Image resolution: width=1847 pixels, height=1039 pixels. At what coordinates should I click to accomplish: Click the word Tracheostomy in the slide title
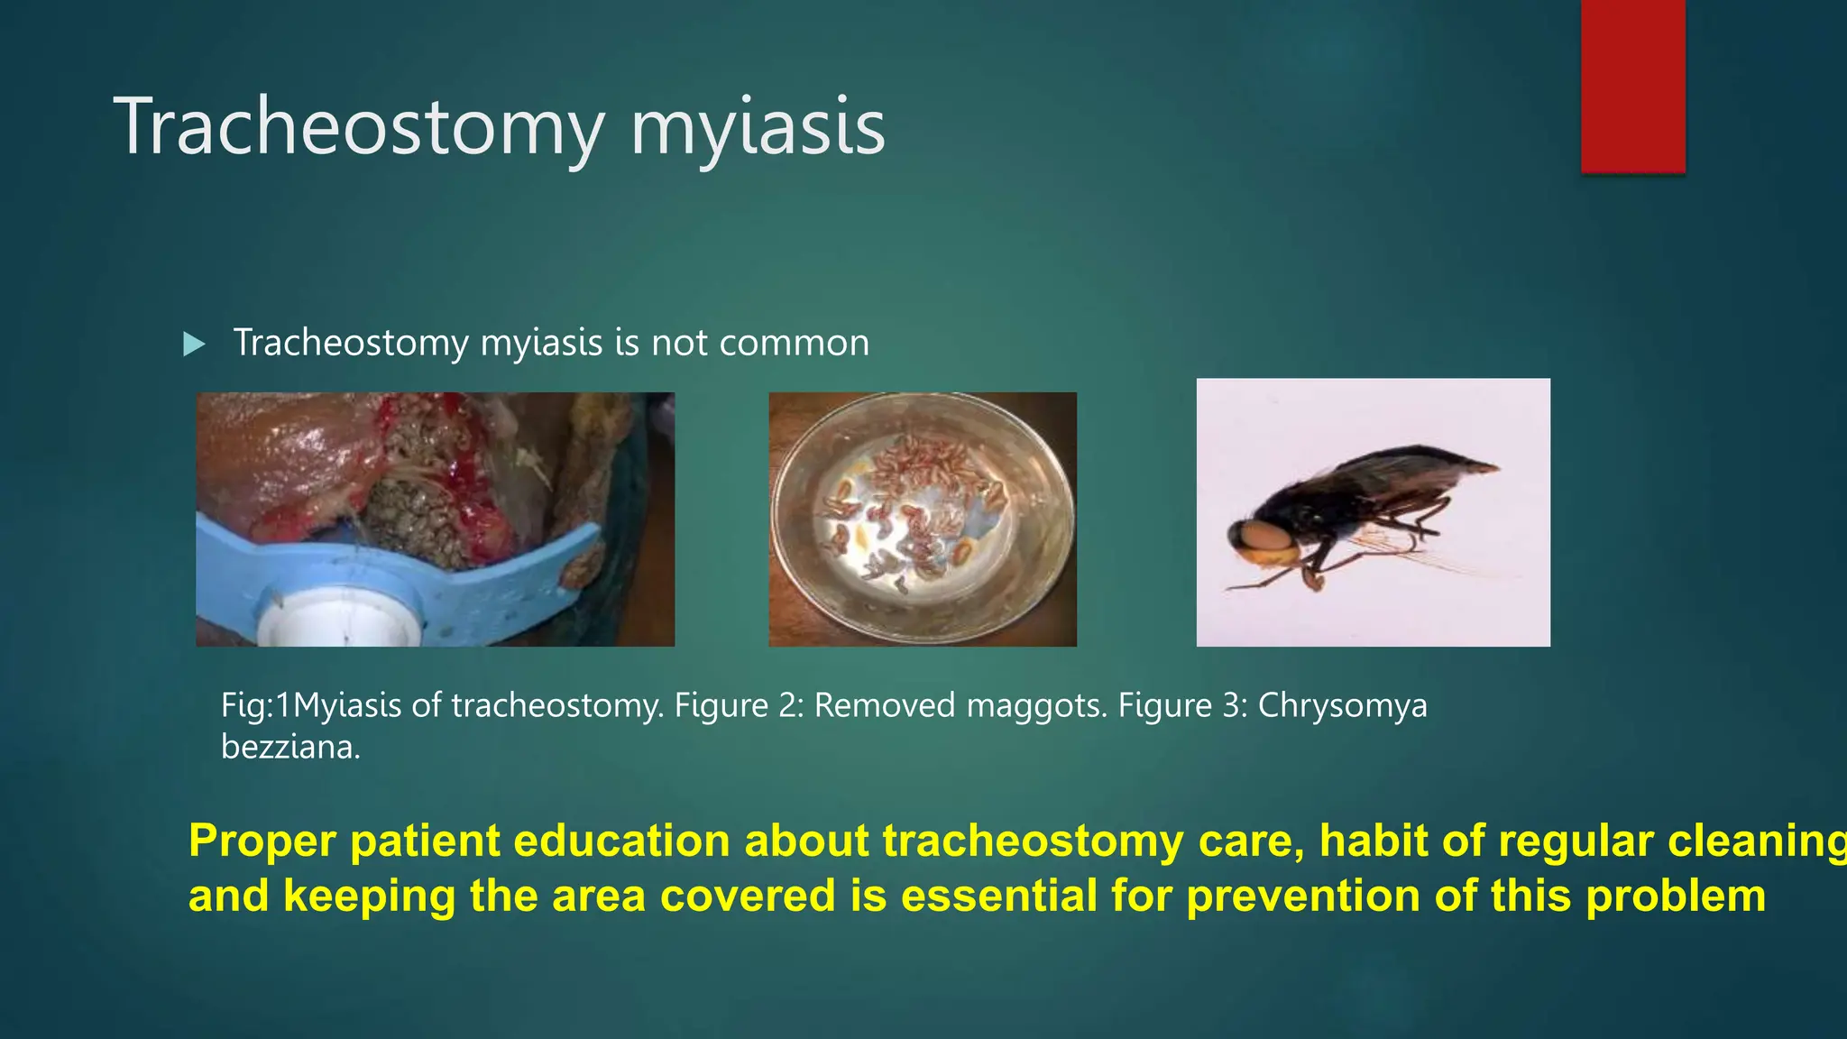[359, 128]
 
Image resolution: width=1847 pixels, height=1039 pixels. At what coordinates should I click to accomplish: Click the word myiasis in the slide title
[758, 128]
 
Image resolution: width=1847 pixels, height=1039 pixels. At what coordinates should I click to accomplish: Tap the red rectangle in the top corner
[1632, 86]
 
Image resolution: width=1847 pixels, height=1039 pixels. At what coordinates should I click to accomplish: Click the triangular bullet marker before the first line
[194, 344]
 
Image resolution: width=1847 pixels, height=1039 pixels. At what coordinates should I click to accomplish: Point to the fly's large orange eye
[1265, 538]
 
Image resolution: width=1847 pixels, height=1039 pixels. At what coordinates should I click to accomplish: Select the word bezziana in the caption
[289, 747]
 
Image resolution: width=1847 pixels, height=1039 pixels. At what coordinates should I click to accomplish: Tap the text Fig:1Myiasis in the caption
[311, 705]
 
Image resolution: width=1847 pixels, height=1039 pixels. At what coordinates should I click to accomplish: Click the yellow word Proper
[262, 841]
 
